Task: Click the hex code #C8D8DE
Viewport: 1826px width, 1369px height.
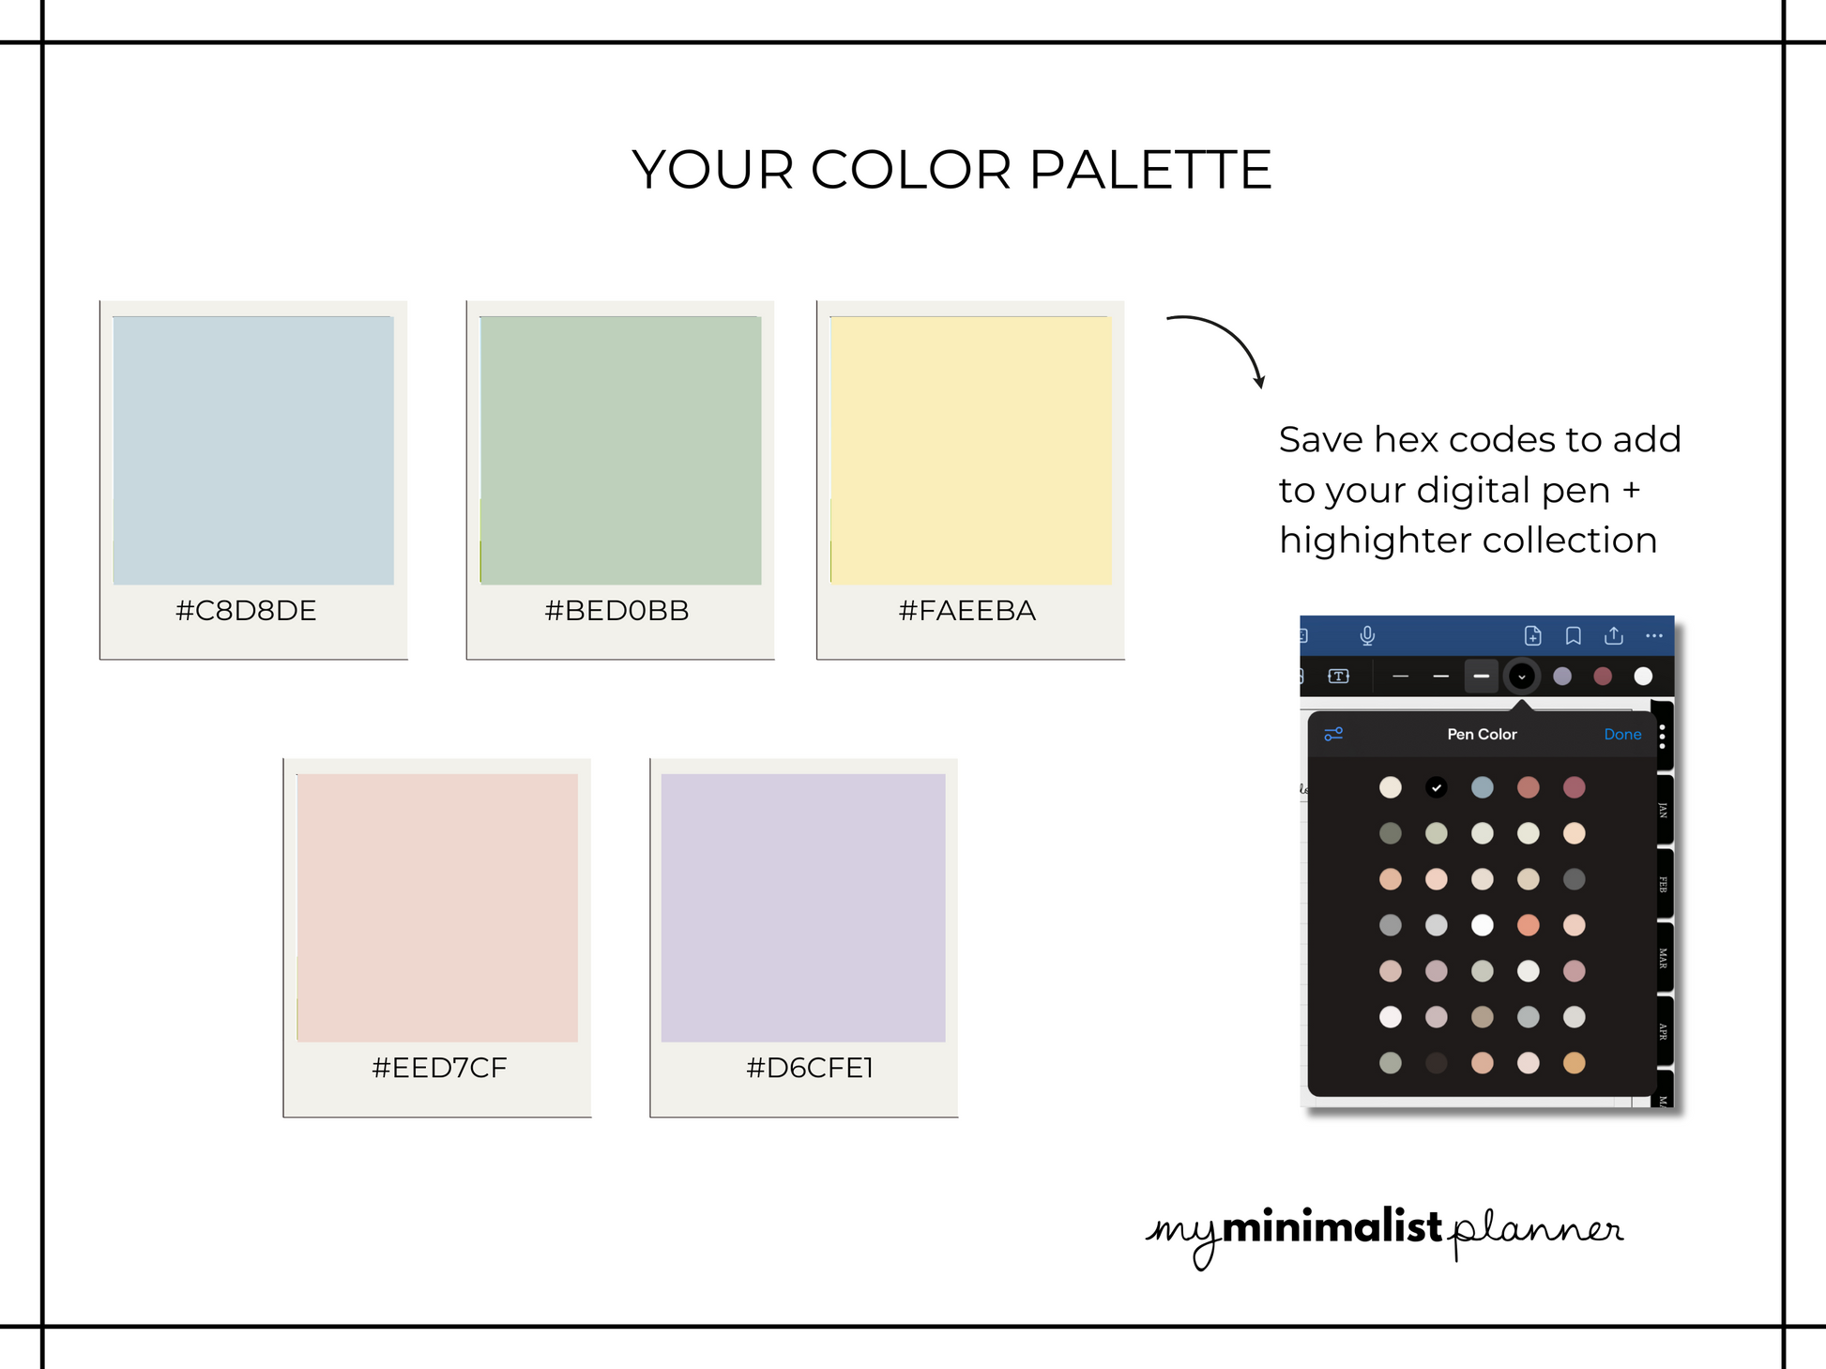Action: tap(246, 611)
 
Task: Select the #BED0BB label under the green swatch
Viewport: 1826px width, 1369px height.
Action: tap(616, 611)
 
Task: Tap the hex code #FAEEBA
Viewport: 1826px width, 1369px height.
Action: tap(967, 611)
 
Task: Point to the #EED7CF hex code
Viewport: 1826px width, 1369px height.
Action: tap(439, 1068)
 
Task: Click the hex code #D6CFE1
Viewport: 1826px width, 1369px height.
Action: tap(810, 1068)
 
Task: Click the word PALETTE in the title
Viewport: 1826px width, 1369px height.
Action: tap(1150, 170)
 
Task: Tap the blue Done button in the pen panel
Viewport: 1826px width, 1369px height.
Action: tap(1622, 735)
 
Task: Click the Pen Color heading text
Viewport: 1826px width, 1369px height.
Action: tap(1482, 735)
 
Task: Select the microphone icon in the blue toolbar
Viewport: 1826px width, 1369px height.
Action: tap(1367, 636)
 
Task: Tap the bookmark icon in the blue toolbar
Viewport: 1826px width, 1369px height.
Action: tap(1574, 636)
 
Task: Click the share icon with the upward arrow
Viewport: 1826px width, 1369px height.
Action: tap(1614, 635)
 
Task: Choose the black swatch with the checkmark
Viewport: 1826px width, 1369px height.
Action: tap(1436, 787)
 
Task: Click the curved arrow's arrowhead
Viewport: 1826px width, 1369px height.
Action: tap(1260, 381)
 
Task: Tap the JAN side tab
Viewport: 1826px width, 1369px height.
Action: tap(1662, 810)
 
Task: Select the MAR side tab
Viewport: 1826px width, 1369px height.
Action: tap(1662, 958)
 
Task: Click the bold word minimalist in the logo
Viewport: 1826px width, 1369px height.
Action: tap(1331, 1227)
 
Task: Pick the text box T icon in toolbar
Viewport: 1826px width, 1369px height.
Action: tap(1339, 677)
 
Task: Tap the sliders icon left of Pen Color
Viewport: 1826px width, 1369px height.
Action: tap(1333, 735)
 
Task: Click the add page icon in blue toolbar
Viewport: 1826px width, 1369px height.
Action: tap(1532, 636)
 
